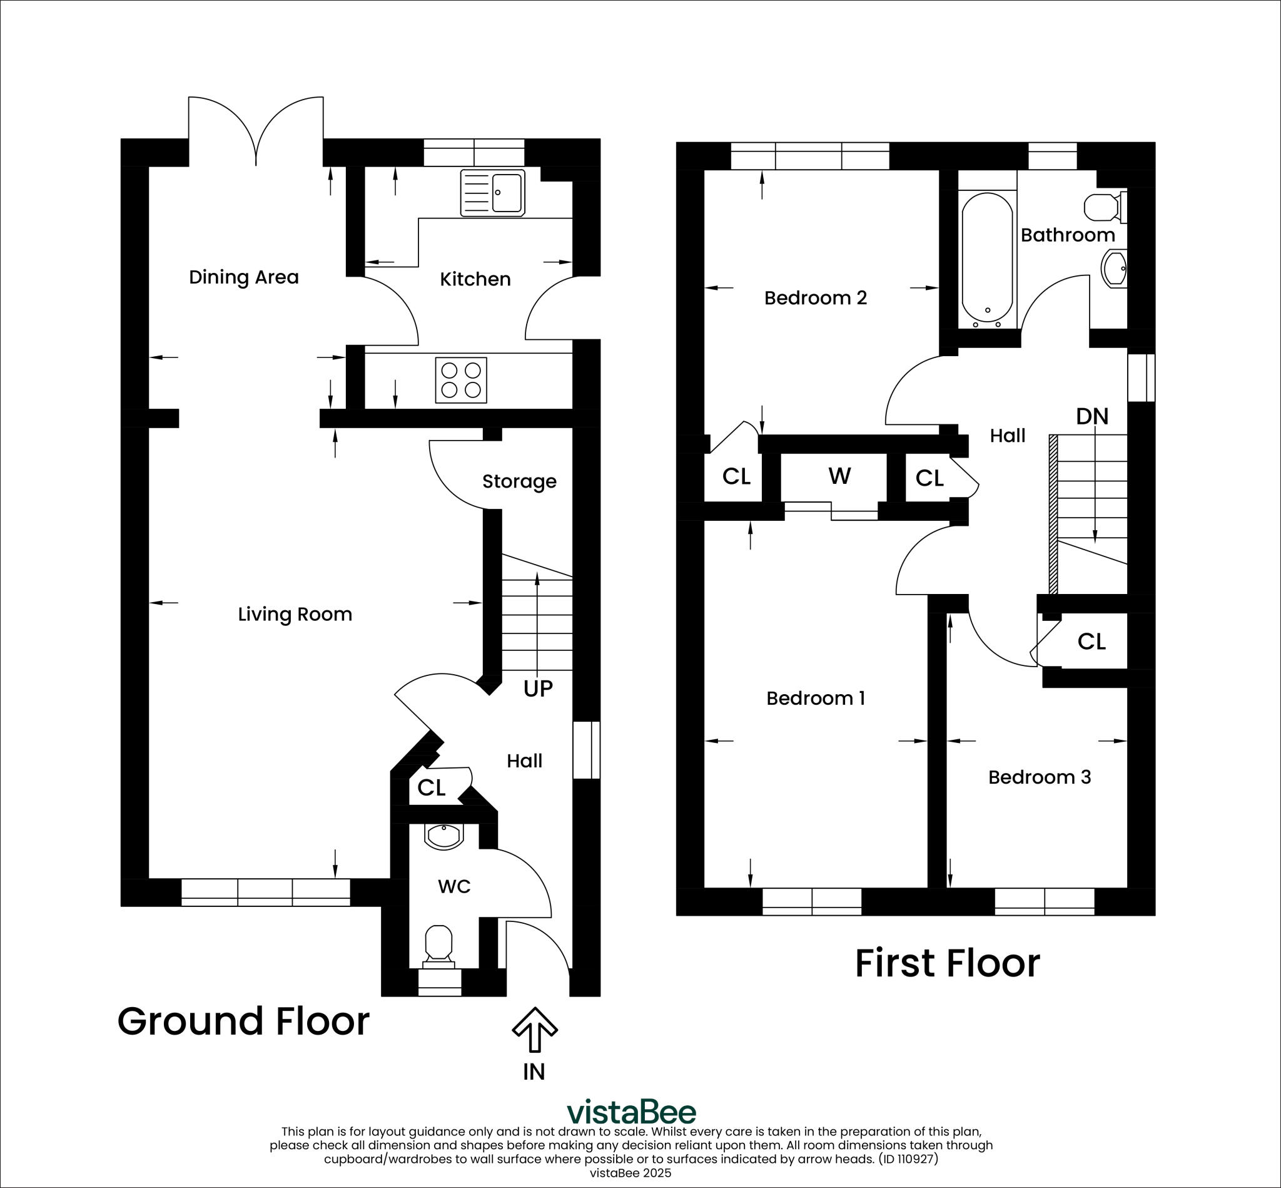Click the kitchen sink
493,193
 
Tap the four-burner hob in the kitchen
460,380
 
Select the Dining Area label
243,277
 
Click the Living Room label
295,615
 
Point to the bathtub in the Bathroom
988,260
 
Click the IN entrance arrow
535,1030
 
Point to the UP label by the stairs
538,689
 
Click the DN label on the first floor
1092,417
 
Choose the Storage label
519,481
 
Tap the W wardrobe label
839,476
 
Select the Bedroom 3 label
1040,777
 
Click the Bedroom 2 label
815,298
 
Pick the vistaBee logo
632,1112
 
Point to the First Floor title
947,963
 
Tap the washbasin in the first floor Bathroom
1115,269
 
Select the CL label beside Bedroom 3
1091,642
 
